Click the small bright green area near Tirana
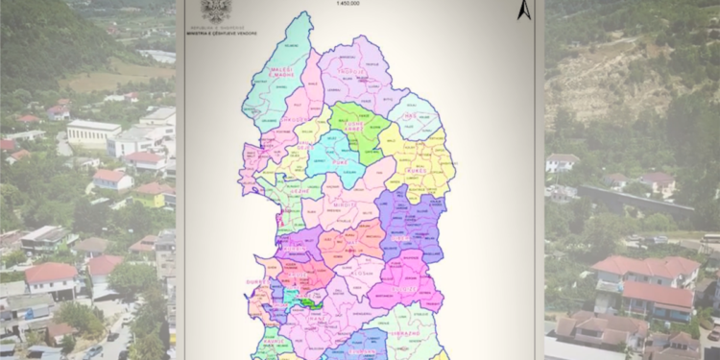[308, 302]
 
